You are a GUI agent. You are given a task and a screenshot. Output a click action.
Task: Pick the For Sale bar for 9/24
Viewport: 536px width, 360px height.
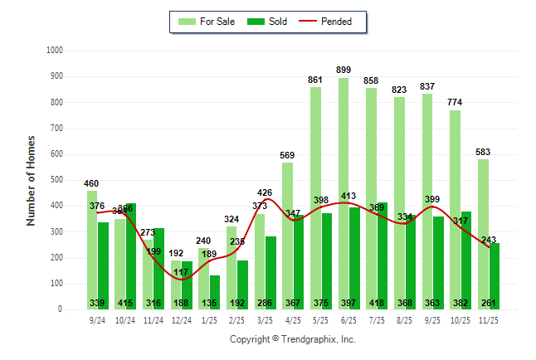point(91,250)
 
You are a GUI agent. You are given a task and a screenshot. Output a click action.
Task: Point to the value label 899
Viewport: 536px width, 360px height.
point(343,70)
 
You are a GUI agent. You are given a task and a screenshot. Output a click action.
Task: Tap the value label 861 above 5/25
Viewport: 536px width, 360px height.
point(315,80)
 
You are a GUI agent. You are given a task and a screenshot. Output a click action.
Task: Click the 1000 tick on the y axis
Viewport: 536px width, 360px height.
point(55,51)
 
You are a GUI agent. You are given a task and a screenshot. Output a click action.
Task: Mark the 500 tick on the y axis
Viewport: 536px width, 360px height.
point(56,180)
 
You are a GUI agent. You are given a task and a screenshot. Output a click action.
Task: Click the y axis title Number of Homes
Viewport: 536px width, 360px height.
point(31,180)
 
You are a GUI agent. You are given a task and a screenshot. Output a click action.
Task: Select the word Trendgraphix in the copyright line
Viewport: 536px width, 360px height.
point(309,339)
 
